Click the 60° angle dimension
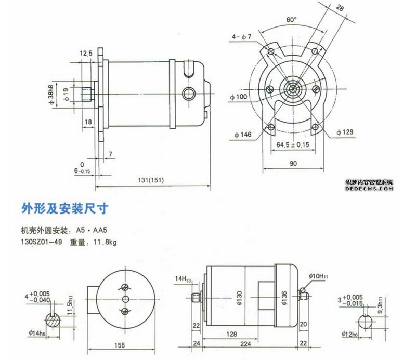[x=291, y=19]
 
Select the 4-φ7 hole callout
[x=242, y=37]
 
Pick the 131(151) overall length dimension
[x=151, y=180]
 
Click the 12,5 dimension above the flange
[x=86, y=53]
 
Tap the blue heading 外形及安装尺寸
[x=64, y=209]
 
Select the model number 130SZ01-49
[x=41, y=242]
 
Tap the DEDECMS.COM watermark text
[x=368, y=189]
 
